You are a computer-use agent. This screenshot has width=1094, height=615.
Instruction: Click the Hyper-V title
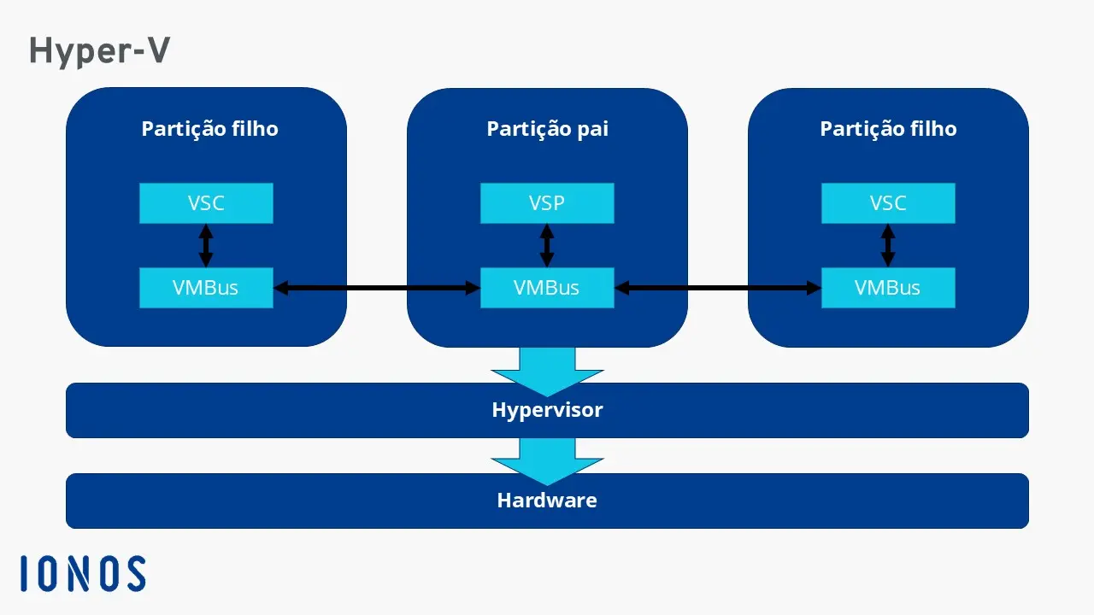(x=99, y=51)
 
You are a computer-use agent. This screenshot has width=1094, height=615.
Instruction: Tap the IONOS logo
(x=83, y=573)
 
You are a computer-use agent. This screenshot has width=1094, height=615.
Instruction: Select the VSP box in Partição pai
(x=547, y=203)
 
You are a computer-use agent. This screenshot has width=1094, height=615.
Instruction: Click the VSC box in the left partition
(x=206, y=203)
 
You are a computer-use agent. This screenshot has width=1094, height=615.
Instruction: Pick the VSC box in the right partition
(x=888, y=203)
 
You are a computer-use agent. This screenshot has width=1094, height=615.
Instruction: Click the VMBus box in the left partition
(x=206, y=288)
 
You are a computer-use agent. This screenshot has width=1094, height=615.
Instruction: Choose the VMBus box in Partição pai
(x=547, y=288)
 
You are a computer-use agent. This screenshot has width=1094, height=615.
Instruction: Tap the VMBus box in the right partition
(x=888, y=288)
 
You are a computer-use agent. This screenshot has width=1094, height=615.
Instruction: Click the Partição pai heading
(x=547, y=129)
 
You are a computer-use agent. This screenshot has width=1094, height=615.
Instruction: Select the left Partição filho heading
(x=209, y=129)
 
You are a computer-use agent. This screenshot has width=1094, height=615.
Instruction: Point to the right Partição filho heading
(x=888, y=129)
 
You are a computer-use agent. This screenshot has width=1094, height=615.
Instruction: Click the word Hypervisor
(x=547, y=410)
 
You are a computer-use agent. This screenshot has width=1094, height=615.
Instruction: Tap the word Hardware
(x=547, y=501)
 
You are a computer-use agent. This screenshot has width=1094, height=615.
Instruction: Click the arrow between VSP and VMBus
(x=547, y=246)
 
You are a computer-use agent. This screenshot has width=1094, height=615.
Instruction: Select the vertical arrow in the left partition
(x=206, y=246)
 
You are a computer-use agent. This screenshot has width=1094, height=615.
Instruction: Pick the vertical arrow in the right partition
(x=888, y=246)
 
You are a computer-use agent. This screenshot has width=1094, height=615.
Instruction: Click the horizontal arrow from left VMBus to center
(x=376, y=289)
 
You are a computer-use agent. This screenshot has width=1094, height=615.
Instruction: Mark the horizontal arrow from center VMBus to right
(x=718, y=289)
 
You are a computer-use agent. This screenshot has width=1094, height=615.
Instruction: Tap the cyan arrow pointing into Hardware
(x=547, y=460)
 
